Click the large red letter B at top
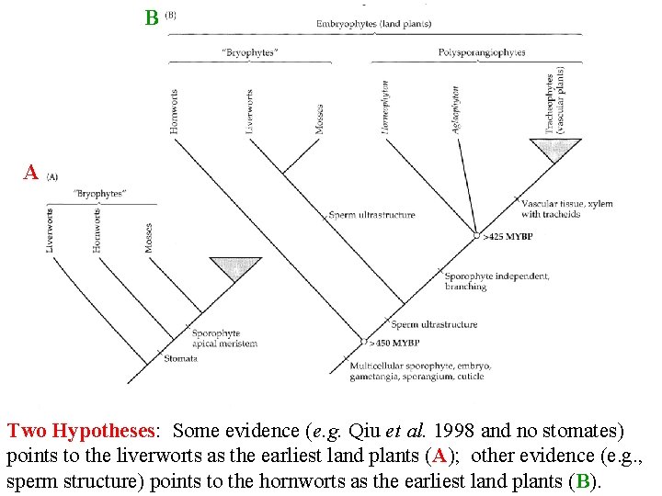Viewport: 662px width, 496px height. tap(152, 17)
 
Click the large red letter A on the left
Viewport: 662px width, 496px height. tap(31, 173)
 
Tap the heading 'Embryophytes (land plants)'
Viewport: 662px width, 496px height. tap(373, 23)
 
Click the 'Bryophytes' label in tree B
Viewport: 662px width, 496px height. tap(248, 52)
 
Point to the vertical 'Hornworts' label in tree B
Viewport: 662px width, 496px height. tap(175, 111)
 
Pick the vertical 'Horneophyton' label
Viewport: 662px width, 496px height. tap(385, 108)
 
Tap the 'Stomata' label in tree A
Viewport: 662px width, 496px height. tap(181, 359)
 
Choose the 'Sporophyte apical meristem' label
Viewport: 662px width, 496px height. tap(224, 339)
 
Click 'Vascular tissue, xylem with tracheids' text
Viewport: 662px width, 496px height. tap(566, 209)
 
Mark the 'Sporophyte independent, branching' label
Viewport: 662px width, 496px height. tap(496, 281)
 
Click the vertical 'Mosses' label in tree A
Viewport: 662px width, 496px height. tap(149, 237)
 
